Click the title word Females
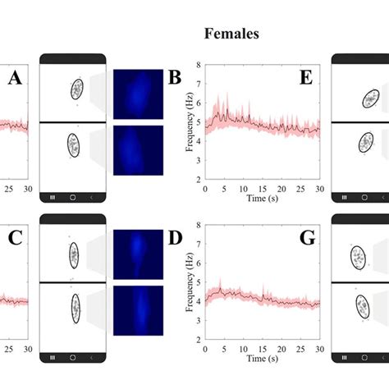point(232,34)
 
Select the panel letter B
point(174,79)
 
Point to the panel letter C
point(14,240)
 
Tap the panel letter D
point(174,240)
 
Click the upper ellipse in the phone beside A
point(77,89)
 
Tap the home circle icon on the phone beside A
point(73,197)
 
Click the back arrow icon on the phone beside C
point(92,358)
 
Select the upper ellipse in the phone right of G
point(359,258)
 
